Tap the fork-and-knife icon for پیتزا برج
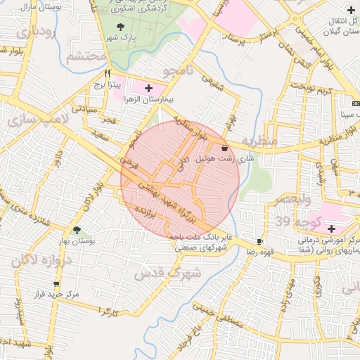pos(108,73)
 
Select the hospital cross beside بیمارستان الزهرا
pos(148,88)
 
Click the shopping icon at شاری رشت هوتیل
pos(224,148)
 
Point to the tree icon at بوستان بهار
pos(77,230)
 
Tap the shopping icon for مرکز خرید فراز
pos(57,285)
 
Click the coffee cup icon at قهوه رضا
pos(261,240)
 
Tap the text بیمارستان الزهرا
pos(149,100)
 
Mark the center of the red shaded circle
pos(181,180)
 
